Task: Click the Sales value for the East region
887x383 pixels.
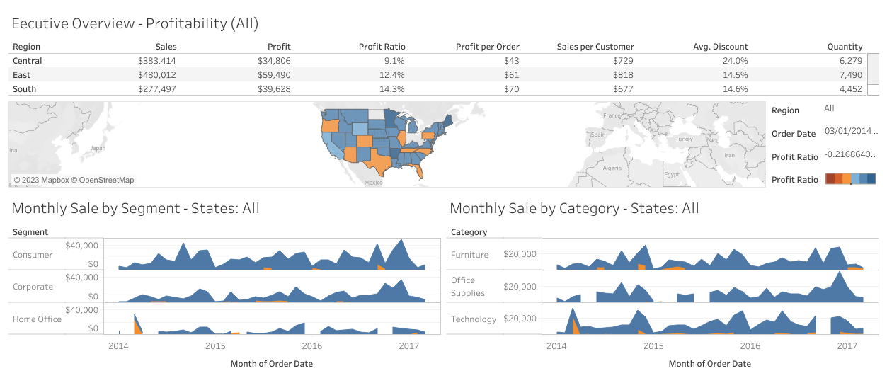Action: (156, 75)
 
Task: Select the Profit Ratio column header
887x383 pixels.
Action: (382, 47)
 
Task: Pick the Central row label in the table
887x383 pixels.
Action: (28, 61)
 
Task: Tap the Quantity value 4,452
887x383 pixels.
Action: (850, 89)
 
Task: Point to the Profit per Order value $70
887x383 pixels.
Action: (512, 89)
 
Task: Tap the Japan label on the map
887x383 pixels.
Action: (98, 149)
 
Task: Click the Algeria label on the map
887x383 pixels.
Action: (611, 168)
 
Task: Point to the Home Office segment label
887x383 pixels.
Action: (37, 319)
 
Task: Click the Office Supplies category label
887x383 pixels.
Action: (468, 287)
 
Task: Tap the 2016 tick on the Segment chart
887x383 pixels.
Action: (311, 346)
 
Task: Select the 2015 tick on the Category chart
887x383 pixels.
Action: (653, 346)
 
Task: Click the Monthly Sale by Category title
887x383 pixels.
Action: (574, 208)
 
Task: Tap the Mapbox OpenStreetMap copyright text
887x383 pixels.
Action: (74, 180)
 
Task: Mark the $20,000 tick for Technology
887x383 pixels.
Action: (520, 319)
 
